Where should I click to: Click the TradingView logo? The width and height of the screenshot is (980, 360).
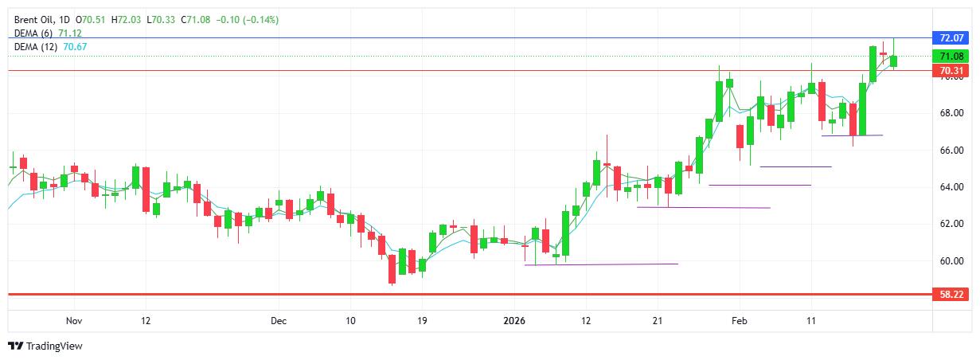click(x=45, y=346)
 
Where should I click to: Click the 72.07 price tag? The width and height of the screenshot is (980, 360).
click(x=952, y=37)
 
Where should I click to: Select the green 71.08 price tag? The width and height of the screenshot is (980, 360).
click(x=952, y=56)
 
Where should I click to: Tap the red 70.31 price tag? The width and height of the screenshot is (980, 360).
click(x=952, y=71)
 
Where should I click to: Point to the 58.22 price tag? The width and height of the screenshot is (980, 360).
click(x=952, y=294)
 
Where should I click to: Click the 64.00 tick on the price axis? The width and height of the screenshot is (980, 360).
click(x=952, y=187)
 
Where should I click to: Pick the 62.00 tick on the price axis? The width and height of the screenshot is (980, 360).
click(x=952, y=224)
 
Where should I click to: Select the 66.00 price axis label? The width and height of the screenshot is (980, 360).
click(x=952, y=150)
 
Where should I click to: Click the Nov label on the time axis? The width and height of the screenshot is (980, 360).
click(x=74, y=321)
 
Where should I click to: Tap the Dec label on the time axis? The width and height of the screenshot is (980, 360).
click(x=277, y=321)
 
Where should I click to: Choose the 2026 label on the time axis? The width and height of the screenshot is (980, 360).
click(x=514, y=321)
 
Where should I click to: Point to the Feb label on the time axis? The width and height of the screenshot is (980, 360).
click(x=739, y=321)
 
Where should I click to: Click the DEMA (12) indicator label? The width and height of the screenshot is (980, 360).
click(x=37, y=47)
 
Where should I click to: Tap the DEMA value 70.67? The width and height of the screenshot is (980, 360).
click(x=75, y=47)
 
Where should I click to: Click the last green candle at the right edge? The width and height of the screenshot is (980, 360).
click(x=894, y=61)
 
